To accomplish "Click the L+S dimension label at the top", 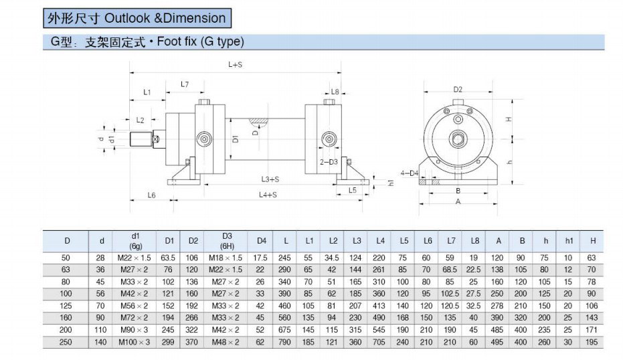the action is pos(236,64).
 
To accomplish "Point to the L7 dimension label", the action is pos(185,84).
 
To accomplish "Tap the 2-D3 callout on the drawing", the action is pos(329,162).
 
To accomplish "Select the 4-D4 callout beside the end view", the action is pos(410,173).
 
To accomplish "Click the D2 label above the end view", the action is pos(458,90).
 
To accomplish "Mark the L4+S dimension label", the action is pos(268,195).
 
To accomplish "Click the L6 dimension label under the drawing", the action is pos(151,195).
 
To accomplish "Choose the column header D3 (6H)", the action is pos(227,241).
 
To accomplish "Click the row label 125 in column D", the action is pos(66,306).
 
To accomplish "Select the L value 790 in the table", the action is pos(284,342).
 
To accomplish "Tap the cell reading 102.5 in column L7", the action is pos(450,294).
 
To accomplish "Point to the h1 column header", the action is pos(569,241).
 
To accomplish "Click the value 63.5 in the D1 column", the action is pos(168,258).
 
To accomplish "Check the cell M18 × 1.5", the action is pos(226,258).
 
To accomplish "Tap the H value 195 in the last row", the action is pos(592,342).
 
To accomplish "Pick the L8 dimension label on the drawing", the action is pos(335,92).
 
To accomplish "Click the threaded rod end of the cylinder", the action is pos(141,139).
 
